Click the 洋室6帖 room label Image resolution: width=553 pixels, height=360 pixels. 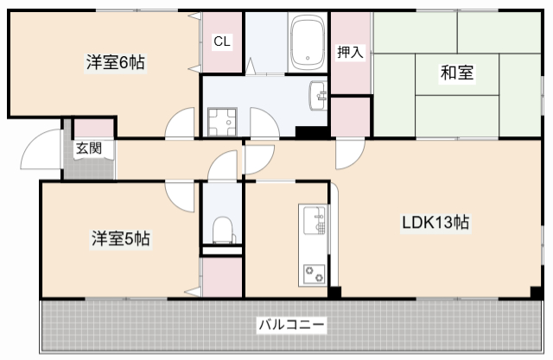[115, 62]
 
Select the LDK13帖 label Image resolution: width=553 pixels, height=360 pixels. [435, 223]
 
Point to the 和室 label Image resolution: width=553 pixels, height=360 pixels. [456, 73]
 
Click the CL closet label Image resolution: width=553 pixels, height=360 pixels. [222, 41]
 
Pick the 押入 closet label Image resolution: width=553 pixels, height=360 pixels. [350, 52]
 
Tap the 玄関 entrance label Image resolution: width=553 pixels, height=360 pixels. [88, 148]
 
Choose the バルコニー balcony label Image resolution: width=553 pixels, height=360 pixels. [290, 325]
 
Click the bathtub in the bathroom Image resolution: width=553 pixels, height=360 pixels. [307, 43]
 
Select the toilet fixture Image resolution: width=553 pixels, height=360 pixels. [222, 231]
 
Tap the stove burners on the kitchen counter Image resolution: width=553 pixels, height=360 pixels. [313, 275]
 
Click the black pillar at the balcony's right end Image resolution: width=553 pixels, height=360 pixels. [537, 293]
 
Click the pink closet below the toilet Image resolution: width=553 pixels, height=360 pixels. [222, 277]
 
